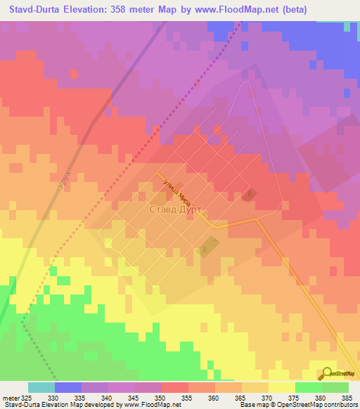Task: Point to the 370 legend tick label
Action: pos(267,398)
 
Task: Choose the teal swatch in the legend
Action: pos(41,387)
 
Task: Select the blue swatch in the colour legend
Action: pos(68,387)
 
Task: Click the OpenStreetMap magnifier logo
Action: pos(327,374)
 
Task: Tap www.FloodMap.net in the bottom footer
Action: pos(149,405)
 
